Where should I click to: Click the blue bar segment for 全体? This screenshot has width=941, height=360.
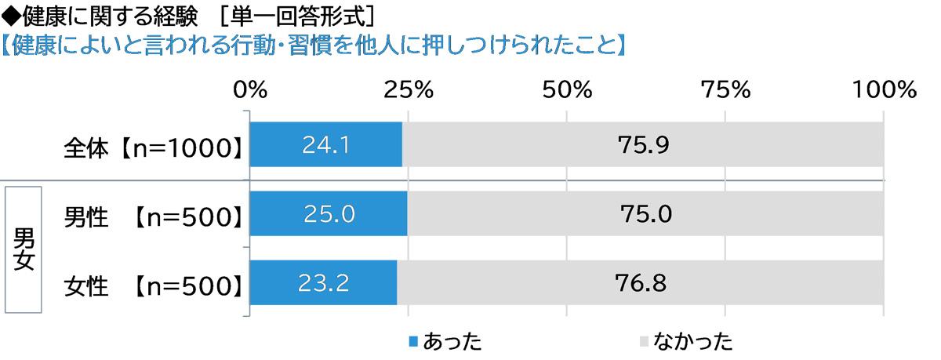tap(326, 145)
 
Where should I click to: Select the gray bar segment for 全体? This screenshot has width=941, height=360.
tap(643, 145)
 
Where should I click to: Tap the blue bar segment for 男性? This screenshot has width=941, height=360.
tap(329, 213)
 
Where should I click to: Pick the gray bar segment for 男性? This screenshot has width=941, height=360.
tap(645, 213)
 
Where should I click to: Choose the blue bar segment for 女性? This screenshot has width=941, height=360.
tap(323, 282)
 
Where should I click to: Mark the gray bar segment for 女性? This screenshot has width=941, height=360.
tap(640, 282)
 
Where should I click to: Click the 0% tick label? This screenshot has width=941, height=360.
tap(250, 90)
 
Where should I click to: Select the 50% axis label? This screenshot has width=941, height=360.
tap(567, 90)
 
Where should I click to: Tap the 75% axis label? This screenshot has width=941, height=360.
tap(725, 90)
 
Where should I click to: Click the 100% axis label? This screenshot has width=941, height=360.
tap(884, 90)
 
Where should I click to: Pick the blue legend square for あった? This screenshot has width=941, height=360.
tap(413, 341)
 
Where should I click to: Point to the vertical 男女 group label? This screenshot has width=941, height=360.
tap(24, 249)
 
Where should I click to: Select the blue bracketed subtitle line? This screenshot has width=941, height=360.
tap(314, 43)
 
